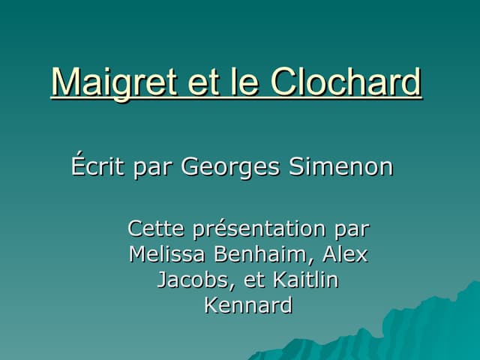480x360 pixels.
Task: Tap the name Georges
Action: coord(231,166)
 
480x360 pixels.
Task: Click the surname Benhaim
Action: coord(257,254)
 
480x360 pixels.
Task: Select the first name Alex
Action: coord(345,254)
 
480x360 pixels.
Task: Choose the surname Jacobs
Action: coord(193,280)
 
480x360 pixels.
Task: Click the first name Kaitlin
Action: coord(306,280)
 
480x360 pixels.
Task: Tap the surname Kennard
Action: coord(247,306)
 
